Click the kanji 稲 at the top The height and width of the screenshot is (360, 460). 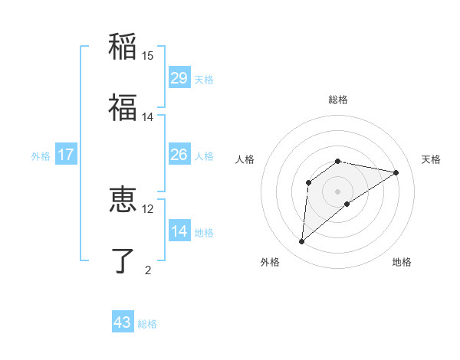coord(123,46)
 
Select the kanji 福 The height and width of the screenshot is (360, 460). coord(123,108)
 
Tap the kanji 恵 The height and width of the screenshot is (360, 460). coord(123,200)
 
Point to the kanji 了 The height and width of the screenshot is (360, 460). coord(123,260)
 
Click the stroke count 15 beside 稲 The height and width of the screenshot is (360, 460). coord(148,55)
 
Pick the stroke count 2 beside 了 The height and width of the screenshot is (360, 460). coord(148,270)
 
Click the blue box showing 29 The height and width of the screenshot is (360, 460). coord(179,78)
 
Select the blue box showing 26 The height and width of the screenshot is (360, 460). coord(179,155)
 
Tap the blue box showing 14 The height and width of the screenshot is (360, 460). coord(179,231)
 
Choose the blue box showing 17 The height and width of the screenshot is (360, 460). coord(66,155)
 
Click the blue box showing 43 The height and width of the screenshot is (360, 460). coord(123,322)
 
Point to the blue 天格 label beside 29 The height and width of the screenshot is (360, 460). coord(204,80)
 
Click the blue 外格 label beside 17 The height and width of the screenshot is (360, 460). coord(41,156)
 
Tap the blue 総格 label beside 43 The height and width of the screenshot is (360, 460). coord(147,324)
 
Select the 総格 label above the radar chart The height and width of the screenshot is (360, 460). coord(338,100)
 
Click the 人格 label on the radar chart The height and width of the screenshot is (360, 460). coord(245,159)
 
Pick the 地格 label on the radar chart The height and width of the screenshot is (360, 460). coord(402,262)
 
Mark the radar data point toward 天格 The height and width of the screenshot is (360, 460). coord(396,172)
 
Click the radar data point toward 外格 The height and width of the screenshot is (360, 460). coord(302,242)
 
